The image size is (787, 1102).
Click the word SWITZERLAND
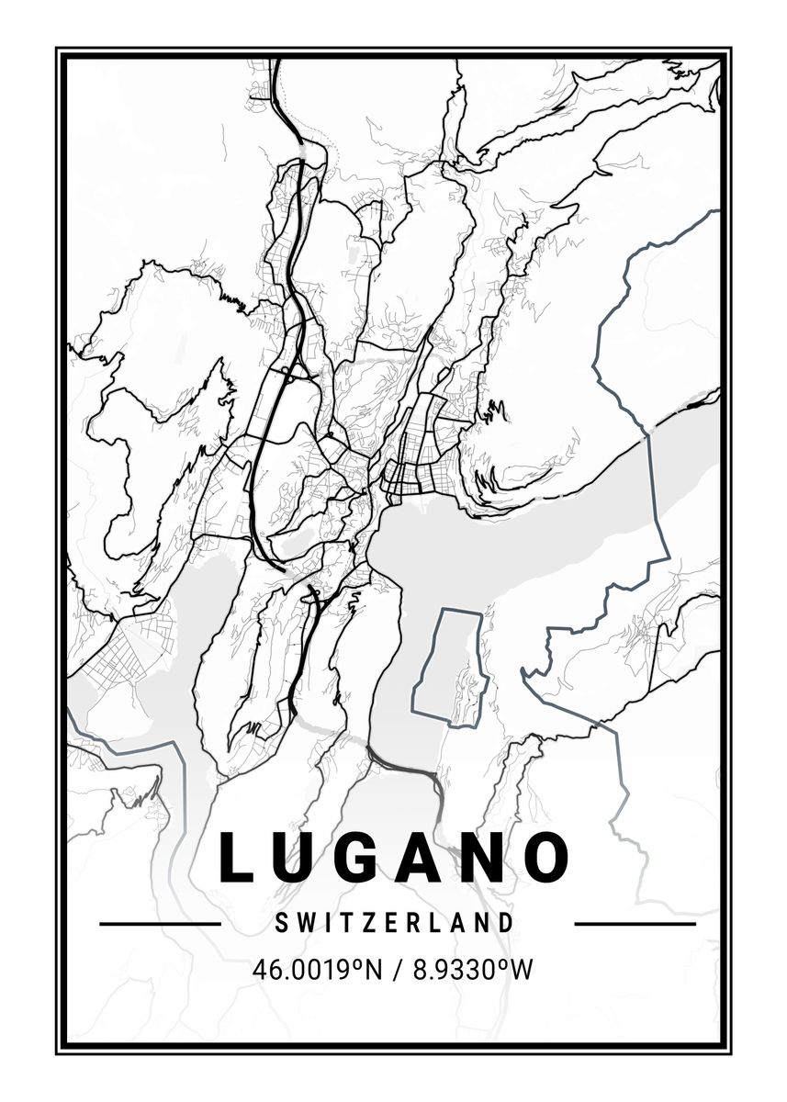coord(394,923)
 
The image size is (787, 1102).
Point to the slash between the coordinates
coord(397,969)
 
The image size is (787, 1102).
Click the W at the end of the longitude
coord(522,969)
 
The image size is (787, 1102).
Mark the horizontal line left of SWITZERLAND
coord(160,924)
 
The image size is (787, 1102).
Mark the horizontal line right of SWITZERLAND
coord(635,924)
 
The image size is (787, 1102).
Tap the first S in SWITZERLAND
coord(280,923)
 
